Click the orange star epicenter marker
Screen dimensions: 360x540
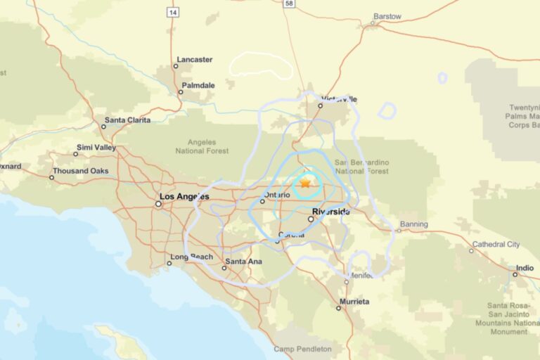click(305, 184)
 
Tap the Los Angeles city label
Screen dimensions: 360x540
click(184, 197)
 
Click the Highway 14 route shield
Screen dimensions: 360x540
click(172, 12)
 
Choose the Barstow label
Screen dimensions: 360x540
click(387, 16)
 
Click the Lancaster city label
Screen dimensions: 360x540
click(194, 59)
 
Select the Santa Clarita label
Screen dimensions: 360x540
click(127, 120)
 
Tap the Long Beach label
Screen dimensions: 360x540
click(191, 257)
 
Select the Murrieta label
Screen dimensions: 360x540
click(354, 301)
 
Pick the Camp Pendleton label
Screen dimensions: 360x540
click(302, 349)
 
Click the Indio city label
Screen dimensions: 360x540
click(525, 268)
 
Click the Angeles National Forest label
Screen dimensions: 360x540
click(202, 146)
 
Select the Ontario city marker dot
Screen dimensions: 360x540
click(262, 201)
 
